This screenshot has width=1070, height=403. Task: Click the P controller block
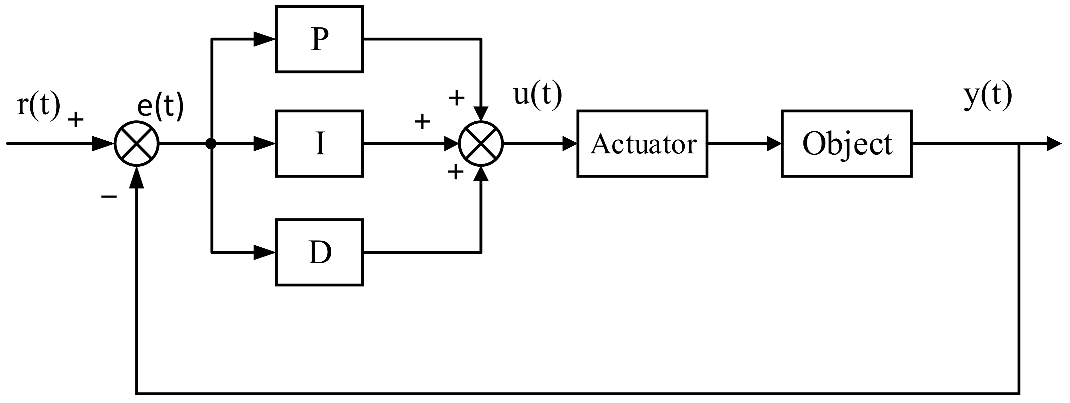coord(319,39)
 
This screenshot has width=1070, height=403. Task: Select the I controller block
coord(319,143)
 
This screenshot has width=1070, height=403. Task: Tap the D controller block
coord(319,252)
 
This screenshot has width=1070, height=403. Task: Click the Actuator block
coord(642,143)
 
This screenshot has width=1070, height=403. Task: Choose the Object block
coord(846,143)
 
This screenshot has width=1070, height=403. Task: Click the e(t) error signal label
coord(160,107)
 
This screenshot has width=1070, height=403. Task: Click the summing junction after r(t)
coord(137,143)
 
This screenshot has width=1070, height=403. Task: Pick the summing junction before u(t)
coord(480,143)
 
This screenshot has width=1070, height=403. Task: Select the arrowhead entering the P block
coord(265,39)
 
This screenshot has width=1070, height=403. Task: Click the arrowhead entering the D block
coord(265,252)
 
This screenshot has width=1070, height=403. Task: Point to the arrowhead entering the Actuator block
coord(570,143)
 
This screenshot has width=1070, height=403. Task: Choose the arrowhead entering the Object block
coord(773,143)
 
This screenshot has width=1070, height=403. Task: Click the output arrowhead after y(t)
coord(1053,143)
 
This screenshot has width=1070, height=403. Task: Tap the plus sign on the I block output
coord(422,122)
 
